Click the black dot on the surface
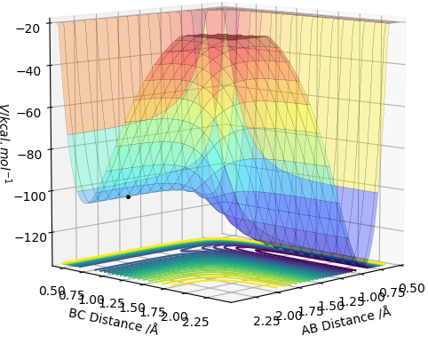(x=128, y=196)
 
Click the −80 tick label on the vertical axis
(x=30, y=155)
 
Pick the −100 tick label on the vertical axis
(x=30, y=196)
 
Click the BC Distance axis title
(x=114, y=322)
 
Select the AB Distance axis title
(x=346, y=321)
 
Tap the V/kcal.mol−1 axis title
(x=5, y=144)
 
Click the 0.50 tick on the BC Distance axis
(x=52, y=291)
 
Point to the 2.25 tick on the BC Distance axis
(x=195, y=322)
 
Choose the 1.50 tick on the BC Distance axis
(x=131, y=308)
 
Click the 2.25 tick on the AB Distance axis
(x=266, y=321)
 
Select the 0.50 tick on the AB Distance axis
(x=412, y=288)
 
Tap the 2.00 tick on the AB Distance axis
(x=289, y=316)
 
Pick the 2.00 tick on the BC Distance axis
(x=175, y=316)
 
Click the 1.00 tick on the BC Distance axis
(x=91, y=300)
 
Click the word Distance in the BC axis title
(x=115, y=322)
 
